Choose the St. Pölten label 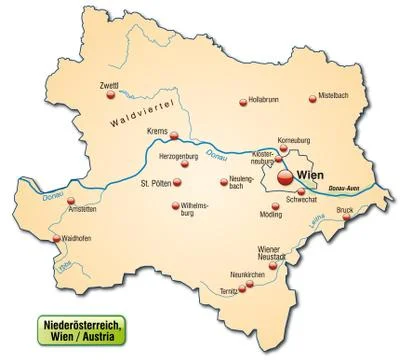(x=157, y=183)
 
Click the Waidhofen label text (x=80, y=240)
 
